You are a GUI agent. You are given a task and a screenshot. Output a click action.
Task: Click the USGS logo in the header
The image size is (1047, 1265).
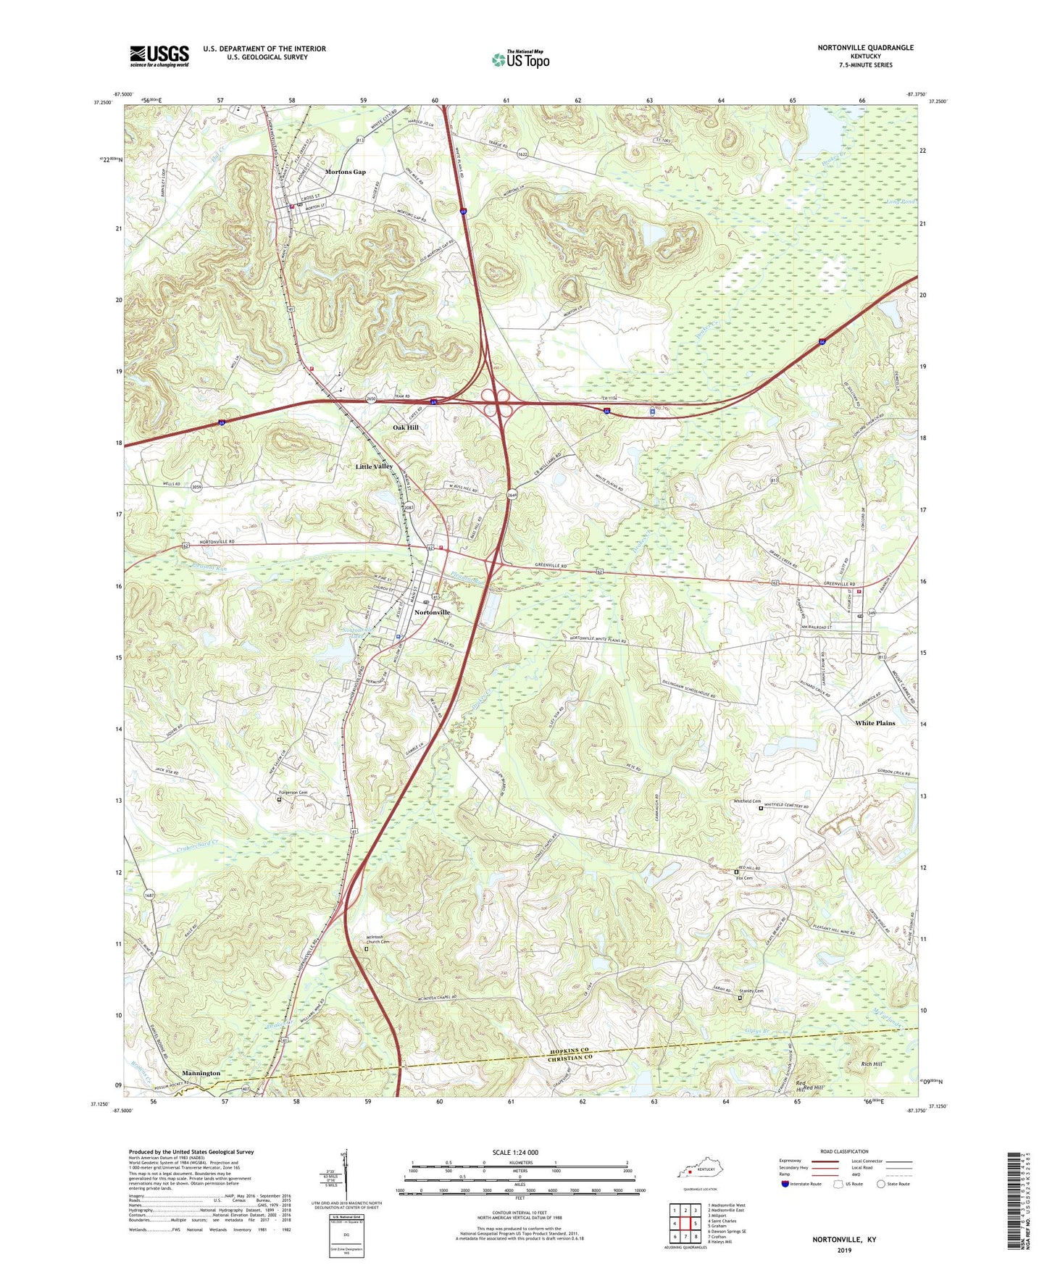click(x=159, y=56)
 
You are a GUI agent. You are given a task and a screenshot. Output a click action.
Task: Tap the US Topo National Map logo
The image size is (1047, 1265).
click(x=520, y=59)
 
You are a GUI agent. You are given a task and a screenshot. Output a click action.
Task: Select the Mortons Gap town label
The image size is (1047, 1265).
click(x=345, y=172)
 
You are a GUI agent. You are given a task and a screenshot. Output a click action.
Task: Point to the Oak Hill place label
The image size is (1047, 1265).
click(x=406, y=427)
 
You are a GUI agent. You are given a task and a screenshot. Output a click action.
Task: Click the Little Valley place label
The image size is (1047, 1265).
click(x=374, y=467)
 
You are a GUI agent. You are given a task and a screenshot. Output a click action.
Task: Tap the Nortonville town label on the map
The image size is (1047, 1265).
click(x=432, y=612)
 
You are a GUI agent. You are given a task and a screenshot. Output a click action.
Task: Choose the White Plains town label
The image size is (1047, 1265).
click(x=875, y=723)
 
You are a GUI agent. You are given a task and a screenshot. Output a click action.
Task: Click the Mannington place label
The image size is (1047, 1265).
click(x=201, y=1073)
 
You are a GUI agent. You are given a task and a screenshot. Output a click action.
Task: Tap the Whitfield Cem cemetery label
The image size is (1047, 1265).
click(x=746, y=801)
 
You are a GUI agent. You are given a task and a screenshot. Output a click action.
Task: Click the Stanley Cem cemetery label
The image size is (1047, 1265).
click(x=751, y=991)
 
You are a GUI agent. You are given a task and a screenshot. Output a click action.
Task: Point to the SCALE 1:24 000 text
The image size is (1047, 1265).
click(x=515, y=1153)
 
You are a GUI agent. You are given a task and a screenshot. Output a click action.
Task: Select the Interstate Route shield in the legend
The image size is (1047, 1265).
click(x=785, y=1184)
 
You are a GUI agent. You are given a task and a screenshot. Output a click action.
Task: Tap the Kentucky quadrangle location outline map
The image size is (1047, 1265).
click(x=695, y=1171)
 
